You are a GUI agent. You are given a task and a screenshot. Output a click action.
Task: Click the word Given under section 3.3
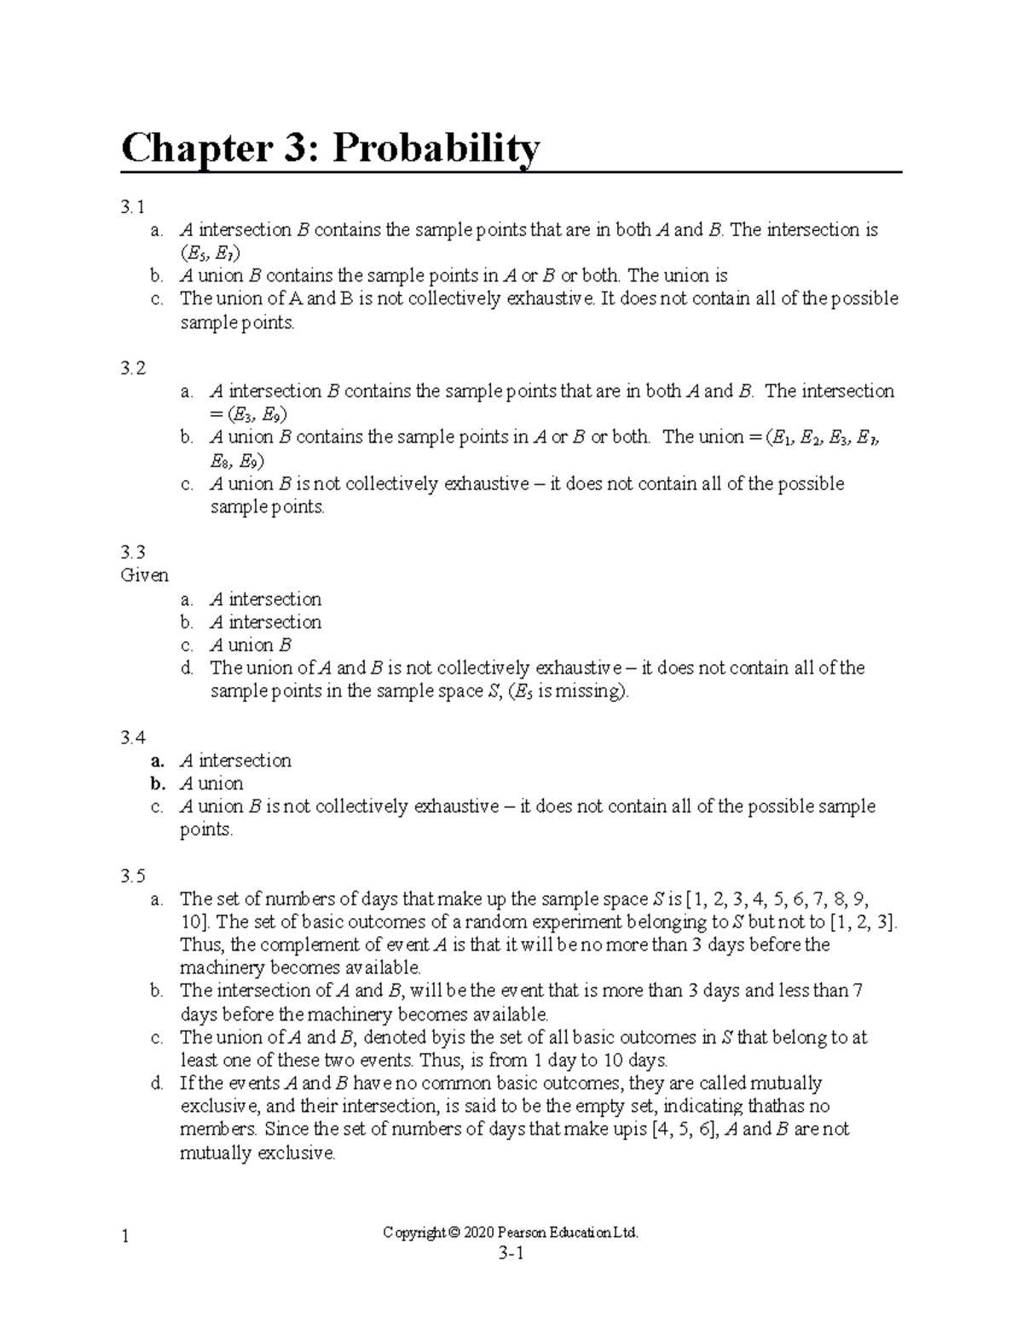pos(144,575)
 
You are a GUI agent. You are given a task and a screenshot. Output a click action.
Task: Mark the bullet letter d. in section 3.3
pos(187,668)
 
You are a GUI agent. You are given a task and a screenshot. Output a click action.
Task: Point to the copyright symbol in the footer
pos(453,1233)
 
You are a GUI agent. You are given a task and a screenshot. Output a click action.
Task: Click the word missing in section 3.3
pos(595,691)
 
